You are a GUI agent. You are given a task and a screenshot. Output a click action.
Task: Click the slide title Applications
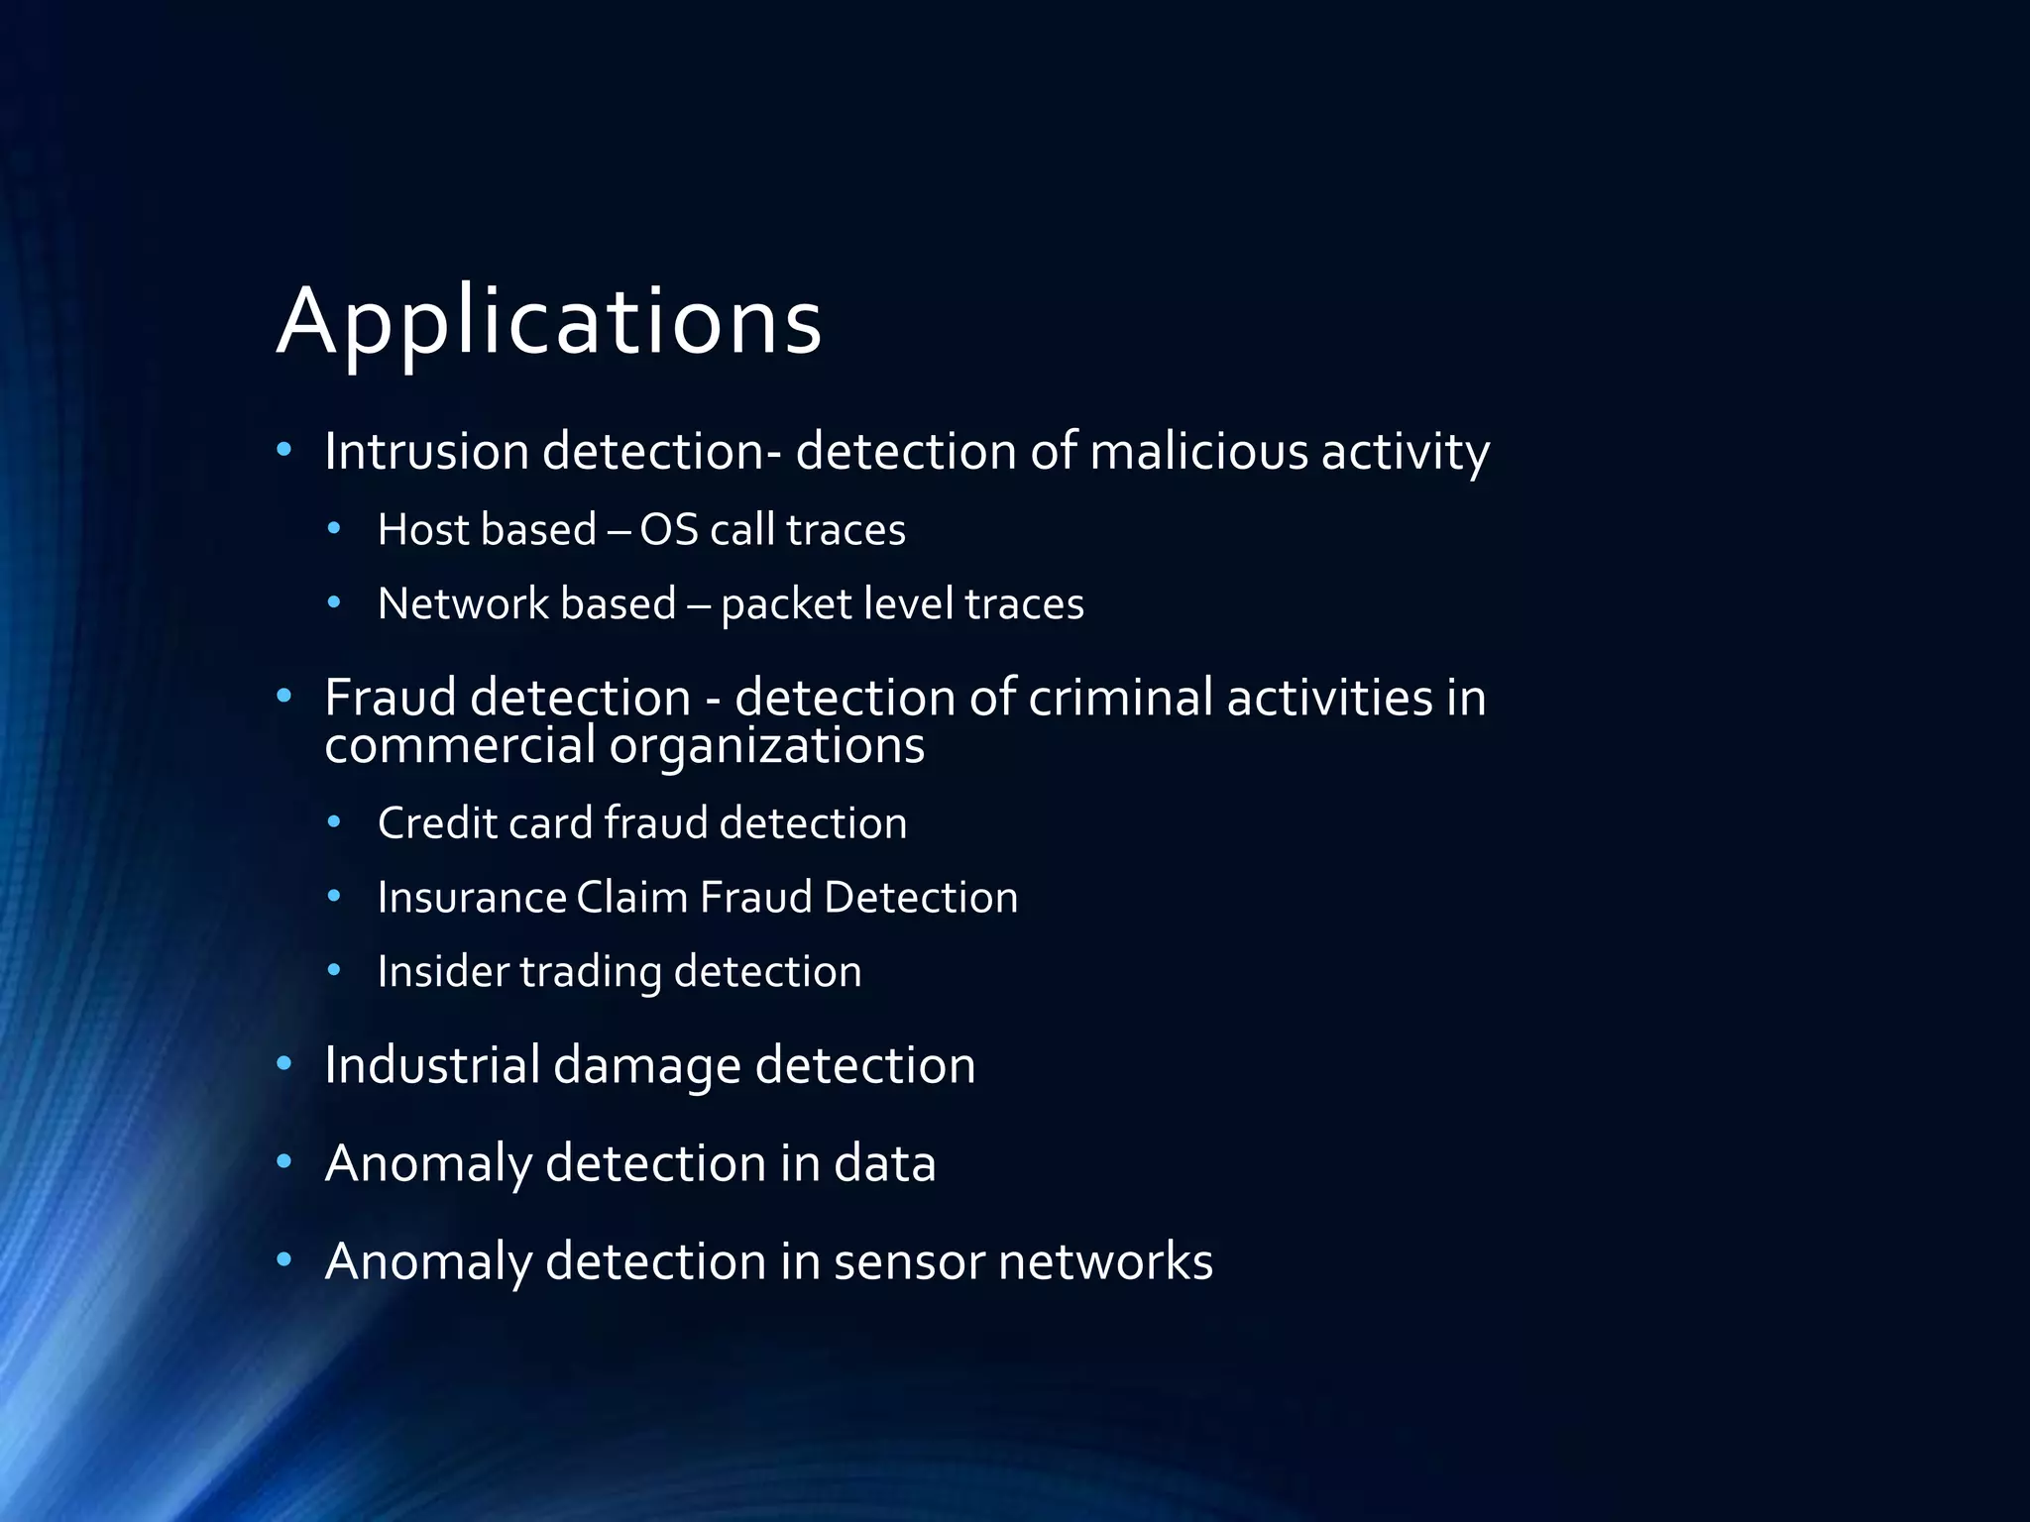pyautogui.click(x=549, y=321)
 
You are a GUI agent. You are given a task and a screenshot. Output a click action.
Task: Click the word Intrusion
pyautogui.click(x=426, y=452)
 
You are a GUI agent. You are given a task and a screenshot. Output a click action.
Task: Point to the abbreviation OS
pyautogui.click(x=669, y=529)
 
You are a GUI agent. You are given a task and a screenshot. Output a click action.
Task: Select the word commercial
pyautogui.click(x=459, y=745)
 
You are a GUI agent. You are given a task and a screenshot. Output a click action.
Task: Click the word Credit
pyautogui.click(x=436, y=823)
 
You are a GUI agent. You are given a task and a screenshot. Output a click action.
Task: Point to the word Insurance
pyautogui.click(x=471, y=898)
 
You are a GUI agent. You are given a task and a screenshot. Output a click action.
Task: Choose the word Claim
pyautogui.click(x=631, y=898)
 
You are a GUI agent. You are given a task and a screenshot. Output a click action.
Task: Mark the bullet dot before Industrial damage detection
pyautogui.click(x=284, y=1064)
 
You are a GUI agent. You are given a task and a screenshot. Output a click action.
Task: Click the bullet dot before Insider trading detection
pyautogui.click(x=335, y=970)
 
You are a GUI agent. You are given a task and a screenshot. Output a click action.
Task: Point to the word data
pyautogui.click(x=884, y=1163)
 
